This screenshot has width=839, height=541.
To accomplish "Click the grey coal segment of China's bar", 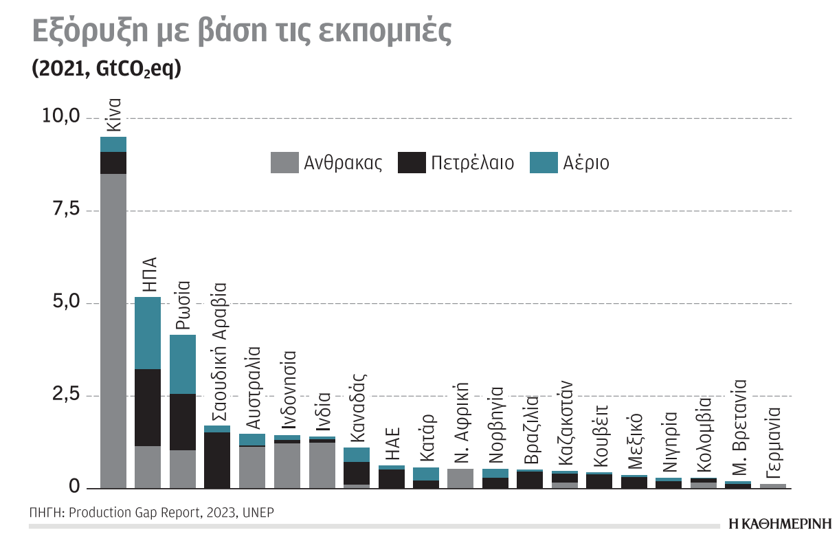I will [x=113, y=330].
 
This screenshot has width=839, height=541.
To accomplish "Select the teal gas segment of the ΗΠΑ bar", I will [x=148, y=333].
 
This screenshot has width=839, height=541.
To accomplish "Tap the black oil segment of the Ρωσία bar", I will [x=183, y=422].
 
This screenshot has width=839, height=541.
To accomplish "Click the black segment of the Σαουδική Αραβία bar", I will [x=217, y=460].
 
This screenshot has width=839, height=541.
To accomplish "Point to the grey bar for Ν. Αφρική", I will [x=460, y=478].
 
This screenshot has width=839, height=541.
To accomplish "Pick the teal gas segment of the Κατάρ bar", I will [x=426, y=474].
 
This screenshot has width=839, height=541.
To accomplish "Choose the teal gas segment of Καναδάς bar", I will [x=357, y=454].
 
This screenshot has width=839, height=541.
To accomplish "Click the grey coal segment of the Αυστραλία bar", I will [x=252, y=467].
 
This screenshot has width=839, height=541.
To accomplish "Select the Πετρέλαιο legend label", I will [x=473, y=163].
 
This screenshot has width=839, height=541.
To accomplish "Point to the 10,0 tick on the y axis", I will [x=62, y=117].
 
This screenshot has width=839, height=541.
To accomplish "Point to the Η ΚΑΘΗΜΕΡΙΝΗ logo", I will [x=779, y=523].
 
